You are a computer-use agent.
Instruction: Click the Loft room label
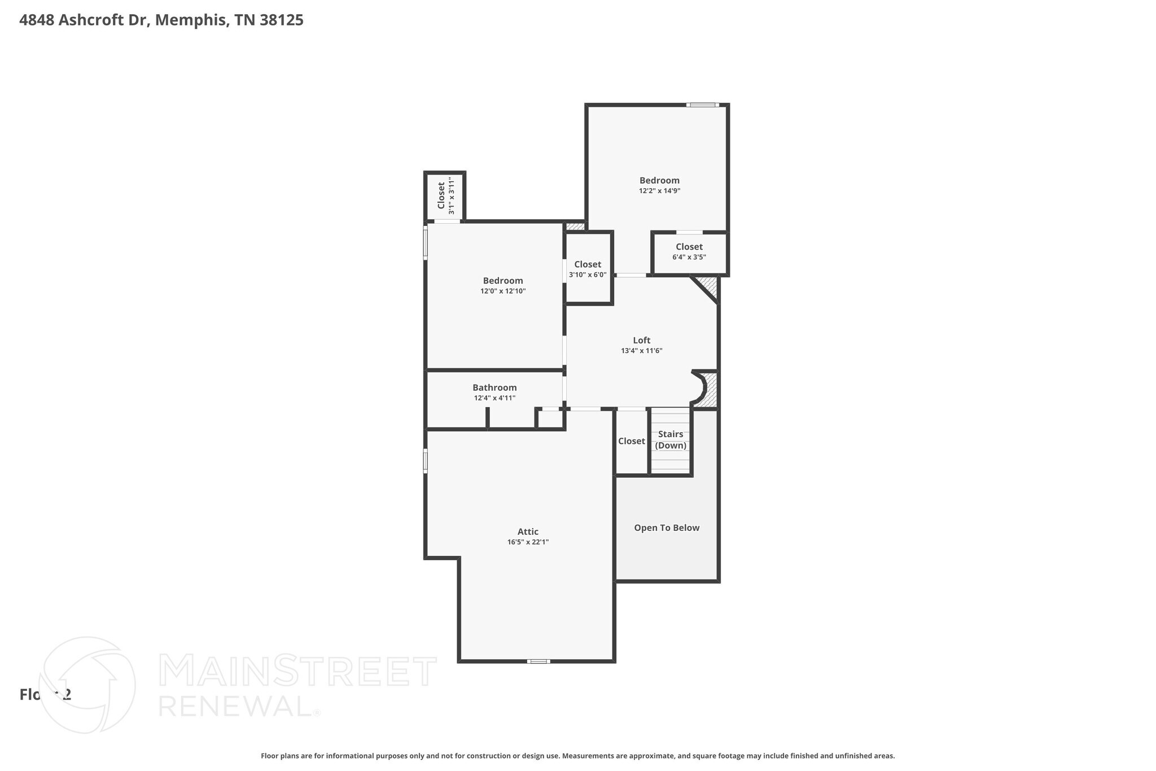coord(641,340)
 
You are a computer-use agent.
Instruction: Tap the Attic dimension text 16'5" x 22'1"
coord(528,542)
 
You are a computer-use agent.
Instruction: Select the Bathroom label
coord(494,387)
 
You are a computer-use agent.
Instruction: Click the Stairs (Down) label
coord(671,439)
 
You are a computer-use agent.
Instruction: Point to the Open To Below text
coord(667,528)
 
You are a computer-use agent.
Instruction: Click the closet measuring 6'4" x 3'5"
coord(689,251)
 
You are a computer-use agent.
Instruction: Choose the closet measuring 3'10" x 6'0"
coord(588,269)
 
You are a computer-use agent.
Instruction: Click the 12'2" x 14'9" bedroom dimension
coord(659,191)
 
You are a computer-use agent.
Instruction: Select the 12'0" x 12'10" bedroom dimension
coord(503,291)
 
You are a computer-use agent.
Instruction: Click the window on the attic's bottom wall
coord(538,661)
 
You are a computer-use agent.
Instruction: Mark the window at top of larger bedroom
coord(702,105)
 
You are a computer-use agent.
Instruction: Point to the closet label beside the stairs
coord(631,441)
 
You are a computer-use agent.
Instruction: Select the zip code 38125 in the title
coord(282,20)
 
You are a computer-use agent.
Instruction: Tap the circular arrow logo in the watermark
coord(87,685)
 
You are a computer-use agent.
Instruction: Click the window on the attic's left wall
coord(426,460)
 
